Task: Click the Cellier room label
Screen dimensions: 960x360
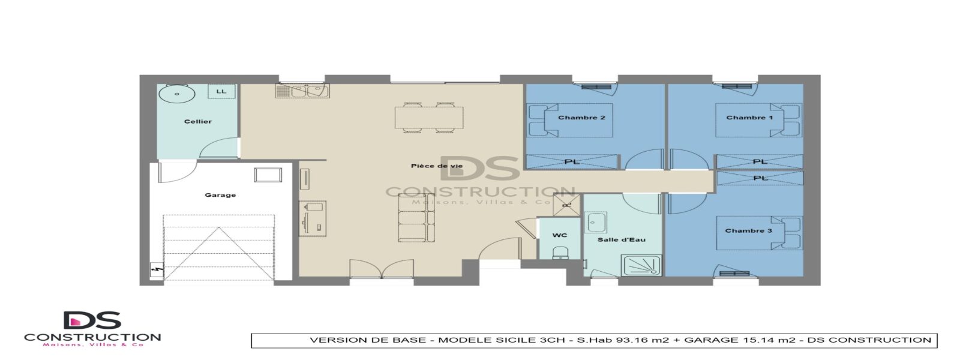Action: pos(198,121)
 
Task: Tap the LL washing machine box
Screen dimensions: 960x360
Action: pos(221,91)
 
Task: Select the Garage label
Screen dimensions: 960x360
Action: pos(220,195)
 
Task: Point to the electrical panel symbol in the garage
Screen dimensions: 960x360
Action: pos(157,270)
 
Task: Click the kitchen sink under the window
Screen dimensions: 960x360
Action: pos(302,91)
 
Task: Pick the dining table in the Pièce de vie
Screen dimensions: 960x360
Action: pos(429,118)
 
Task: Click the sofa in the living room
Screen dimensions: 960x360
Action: pos(416,218)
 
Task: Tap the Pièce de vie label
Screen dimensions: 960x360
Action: pos(437,166)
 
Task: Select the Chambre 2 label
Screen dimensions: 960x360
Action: pos(581,118)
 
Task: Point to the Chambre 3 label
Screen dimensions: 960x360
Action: pos(748,230)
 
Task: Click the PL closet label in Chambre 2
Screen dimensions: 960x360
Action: pos(572,162)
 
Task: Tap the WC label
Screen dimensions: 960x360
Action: pos(560,235)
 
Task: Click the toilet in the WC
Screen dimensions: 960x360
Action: pos(560,253)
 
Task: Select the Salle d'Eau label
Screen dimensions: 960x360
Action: pos(622,239)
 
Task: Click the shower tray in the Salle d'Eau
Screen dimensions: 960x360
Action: pos(642,265)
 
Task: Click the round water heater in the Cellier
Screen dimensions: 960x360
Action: pos(176,93)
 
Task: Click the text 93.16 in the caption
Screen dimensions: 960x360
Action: pos(631,340)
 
